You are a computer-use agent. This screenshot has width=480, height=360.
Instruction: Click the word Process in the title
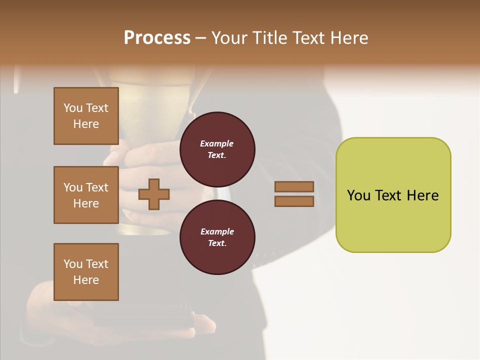(157, 38)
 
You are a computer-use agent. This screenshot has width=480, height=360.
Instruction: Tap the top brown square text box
(86, 116)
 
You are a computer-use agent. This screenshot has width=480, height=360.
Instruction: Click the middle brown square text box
(86, 195)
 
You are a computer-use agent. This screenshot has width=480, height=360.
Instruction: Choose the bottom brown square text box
(86, 272)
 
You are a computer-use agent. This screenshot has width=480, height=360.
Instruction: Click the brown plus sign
(154, 194)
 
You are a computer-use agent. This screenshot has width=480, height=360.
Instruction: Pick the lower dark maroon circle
(217, 237)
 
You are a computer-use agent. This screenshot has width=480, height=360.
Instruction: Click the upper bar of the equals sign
(294, 186)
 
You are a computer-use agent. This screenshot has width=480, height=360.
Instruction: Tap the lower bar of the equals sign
(294, 201)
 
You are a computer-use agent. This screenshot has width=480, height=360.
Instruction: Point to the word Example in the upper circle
(217, 143)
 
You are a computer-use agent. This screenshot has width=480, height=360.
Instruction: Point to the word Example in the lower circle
(217, 231)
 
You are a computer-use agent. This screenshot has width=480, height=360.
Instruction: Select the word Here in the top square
(86, 124)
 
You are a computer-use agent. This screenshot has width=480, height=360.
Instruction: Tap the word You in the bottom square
(73, 264)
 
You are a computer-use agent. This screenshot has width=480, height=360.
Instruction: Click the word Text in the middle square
(97, 187)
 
